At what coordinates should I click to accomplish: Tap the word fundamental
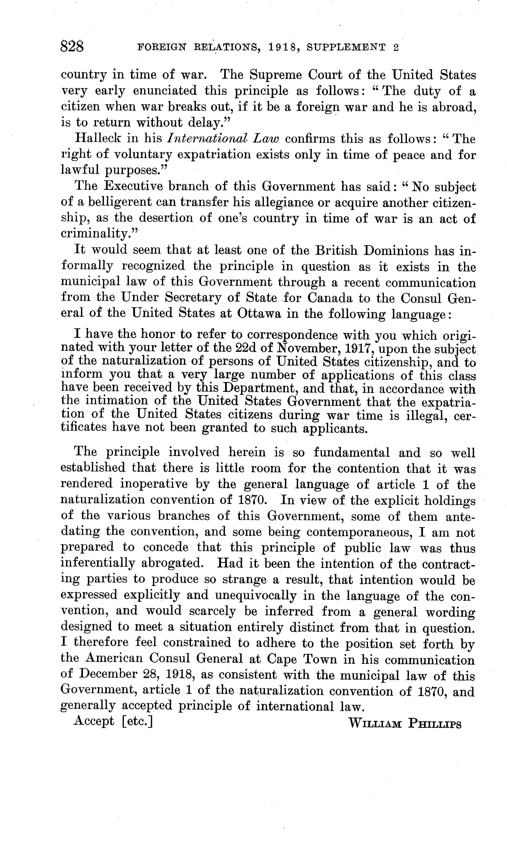pyautogui.click(x=352, y=453)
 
